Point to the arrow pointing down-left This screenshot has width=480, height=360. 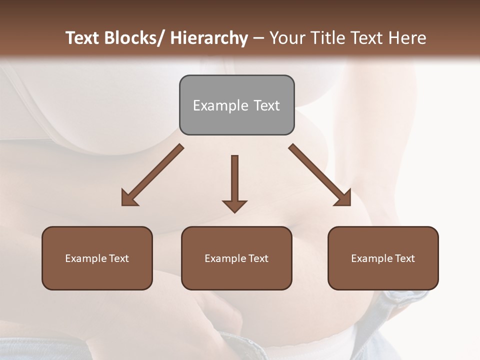point(152,175)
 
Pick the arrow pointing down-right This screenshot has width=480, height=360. point(320,175)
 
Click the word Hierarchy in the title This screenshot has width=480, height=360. point(209,38)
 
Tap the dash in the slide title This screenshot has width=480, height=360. point(258,38)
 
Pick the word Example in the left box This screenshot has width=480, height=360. point(85,258)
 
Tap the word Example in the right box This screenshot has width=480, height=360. point(371,258)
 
